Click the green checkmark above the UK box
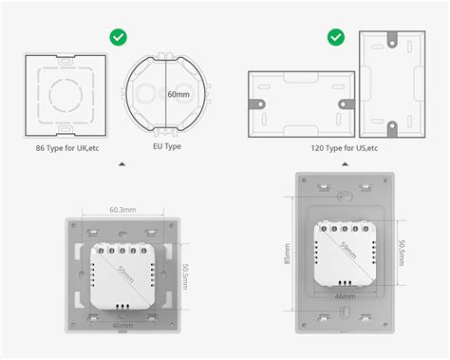(119, 37)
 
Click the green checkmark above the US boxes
(336, 37)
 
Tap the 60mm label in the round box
(178, 94)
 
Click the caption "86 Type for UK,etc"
(67, 148)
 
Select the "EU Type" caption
(167, 146)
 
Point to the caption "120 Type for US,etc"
(344, 148)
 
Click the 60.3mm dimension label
(122, 210)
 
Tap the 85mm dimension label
(287, 254)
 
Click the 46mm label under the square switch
(122, 325)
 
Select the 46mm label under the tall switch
(345, 296)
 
